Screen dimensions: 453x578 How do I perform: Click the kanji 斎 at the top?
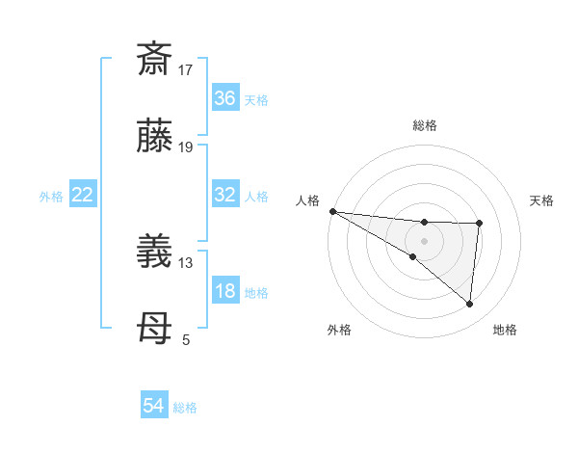pos(154,59)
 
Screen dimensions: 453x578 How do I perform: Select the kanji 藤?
pos(154,137)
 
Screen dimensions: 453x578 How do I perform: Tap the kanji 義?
pos(154,253)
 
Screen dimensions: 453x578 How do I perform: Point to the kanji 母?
pos(154,332)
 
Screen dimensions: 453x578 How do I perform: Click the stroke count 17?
pos(186,69)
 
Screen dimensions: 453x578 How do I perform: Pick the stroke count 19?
pos(186,147)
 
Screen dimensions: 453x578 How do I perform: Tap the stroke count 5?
pos(186,340)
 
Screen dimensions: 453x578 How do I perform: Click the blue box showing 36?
pos(225,98)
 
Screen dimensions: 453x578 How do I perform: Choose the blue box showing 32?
pos(225,195)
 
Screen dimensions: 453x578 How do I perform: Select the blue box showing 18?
pos(225,292)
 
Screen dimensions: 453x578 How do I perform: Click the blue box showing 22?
pos(83,195)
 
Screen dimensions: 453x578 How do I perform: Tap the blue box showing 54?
pos(154,407)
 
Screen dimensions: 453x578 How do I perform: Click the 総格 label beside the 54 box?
pos(186,408)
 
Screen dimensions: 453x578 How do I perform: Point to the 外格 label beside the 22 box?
pos(51,196)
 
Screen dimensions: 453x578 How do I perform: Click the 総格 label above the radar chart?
pos(425,125)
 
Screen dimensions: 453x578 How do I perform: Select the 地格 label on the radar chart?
pos(505,330)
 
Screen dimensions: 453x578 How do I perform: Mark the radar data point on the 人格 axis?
pos(331,210)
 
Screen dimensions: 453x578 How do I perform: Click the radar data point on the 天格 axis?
pos(480,224)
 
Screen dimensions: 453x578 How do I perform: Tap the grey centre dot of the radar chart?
pos(424,240)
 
